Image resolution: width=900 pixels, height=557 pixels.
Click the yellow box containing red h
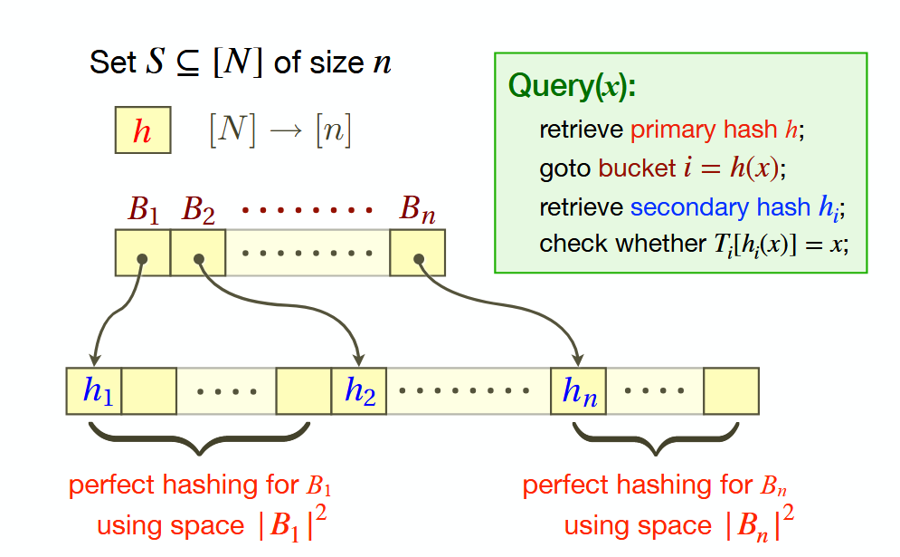click(x=142, y=130)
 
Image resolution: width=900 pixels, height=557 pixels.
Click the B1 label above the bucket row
click(x=143, y=210)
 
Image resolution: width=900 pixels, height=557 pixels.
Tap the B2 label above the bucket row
click(x=198, y=210)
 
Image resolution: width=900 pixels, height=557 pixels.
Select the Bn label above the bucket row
click(x=418, y=210)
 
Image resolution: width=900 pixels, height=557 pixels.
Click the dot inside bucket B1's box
click(x=142, y=259)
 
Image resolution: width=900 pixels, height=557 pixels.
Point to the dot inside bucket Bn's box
click(x=419, y=259)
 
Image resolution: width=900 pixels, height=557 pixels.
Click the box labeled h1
click(x=94, y=391)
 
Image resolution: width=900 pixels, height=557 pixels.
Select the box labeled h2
click(x=359, y=391)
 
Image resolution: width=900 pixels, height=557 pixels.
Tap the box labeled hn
click(x=578, y=391)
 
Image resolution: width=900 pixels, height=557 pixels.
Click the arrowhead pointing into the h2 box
click(x=359, y=360)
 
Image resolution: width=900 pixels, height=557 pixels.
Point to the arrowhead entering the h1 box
click(x=94, y=360)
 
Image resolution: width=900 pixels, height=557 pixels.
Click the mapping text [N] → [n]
click(x=279, y=132)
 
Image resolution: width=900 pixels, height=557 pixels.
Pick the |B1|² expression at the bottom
click(x=289, y=525)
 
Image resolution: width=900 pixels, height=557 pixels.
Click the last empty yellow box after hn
click(x=731, y=391)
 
